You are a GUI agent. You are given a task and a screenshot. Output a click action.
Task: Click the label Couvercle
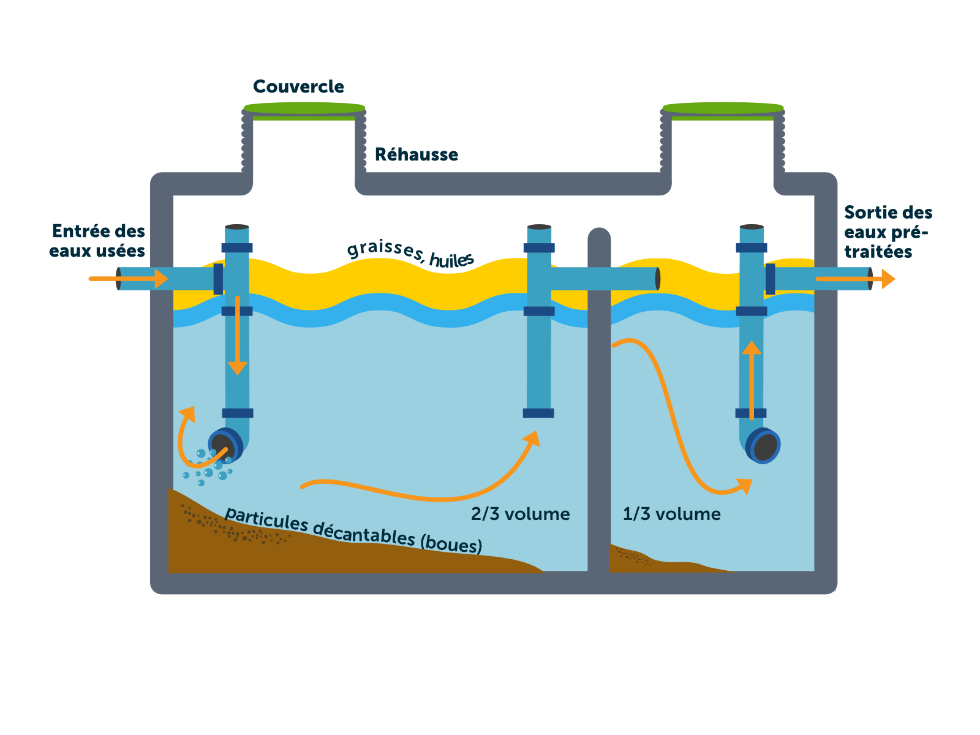tap(298, 87)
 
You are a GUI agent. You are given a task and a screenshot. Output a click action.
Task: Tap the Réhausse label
tap(416, 154)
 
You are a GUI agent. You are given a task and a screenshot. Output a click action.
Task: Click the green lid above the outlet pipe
tap(723, 109)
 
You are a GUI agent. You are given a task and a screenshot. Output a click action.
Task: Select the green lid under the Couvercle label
tap(304, 109)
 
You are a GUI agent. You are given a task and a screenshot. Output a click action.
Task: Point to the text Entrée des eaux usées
tap(98, 241)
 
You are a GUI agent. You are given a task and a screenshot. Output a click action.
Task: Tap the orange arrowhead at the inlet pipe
tap(161, 279)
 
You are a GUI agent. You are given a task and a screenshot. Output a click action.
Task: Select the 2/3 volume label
tap(520, 514)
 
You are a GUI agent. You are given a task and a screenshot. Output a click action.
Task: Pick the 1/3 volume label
tap(671, 514)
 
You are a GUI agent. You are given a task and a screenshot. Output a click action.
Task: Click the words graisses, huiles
tap(410, 253)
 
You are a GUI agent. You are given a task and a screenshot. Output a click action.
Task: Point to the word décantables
tap(364, 533)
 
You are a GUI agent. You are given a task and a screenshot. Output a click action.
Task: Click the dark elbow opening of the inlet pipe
tap(224, 445)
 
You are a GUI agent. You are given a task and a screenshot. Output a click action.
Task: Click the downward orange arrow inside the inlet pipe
tap(237, 365)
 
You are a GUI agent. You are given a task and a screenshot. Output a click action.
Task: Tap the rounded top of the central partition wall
tap(599, 235)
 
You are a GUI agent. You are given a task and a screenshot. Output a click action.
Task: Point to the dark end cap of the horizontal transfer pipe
tap(658, 279)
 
